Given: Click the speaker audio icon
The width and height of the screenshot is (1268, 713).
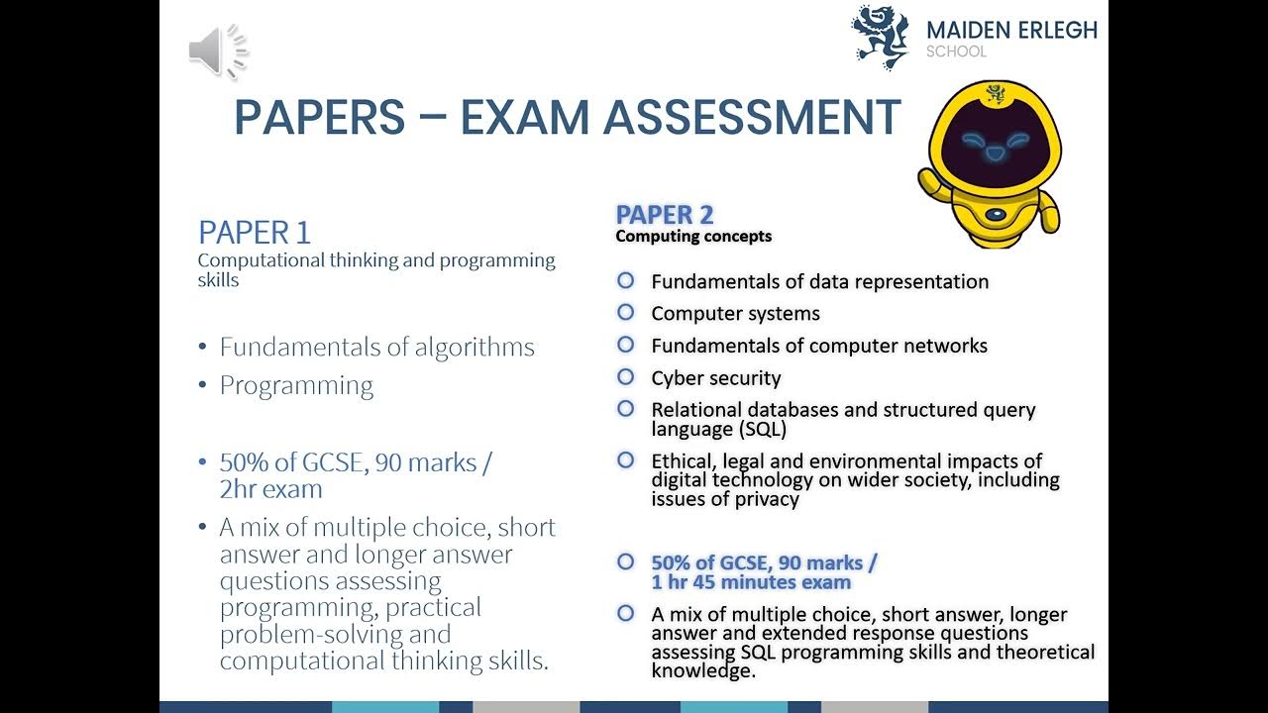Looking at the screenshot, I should pos(217,51).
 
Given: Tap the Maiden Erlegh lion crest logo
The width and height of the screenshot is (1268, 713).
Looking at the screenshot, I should pos(880,37).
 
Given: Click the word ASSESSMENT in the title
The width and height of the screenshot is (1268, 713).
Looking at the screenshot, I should pos(752,118).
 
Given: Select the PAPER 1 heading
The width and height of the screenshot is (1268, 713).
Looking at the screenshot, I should pos(255,233).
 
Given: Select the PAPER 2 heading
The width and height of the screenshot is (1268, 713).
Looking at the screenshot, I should pos(664,214).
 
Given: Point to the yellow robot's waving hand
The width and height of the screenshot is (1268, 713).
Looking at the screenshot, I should pos(934,178).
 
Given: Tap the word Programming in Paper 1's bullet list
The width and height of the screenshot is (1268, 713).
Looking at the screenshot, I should pos(296,385).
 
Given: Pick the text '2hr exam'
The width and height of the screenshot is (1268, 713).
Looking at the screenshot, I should pos(270,489).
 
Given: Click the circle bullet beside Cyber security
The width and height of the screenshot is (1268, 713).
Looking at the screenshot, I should pos(625,376).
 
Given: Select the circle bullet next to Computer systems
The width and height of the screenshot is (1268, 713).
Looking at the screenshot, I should pos(625,312).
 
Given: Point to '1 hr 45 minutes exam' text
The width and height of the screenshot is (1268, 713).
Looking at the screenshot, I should pos(751,582).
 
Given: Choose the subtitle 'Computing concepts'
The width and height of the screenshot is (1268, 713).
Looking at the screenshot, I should pos(693,237).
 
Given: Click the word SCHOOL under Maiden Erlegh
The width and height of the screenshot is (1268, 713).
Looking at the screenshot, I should pos(956,52).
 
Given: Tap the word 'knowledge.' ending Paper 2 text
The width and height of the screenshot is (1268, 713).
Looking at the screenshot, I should pos(703,670).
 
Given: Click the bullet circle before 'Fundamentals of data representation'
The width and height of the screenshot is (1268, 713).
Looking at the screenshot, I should pos(625,280).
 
